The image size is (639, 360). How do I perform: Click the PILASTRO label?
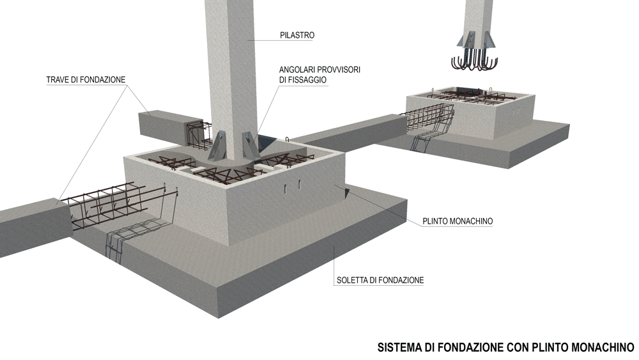click(297, 35)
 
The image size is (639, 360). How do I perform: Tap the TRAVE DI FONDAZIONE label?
click(86, 79)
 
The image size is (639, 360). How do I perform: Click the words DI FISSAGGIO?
click(303, 80)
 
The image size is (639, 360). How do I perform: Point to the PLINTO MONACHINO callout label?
click(458, 221)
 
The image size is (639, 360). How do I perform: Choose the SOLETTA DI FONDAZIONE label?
click(380, 280)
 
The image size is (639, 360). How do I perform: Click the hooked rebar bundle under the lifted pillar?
click(475, 59)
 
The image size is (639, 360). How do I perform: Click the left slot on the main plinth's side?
click(286, 187)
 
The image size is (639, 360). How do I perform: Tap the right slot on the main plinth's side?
click(298, 184)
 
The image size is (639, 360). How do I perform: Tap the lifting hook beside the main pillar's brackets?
click(287, 140)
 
